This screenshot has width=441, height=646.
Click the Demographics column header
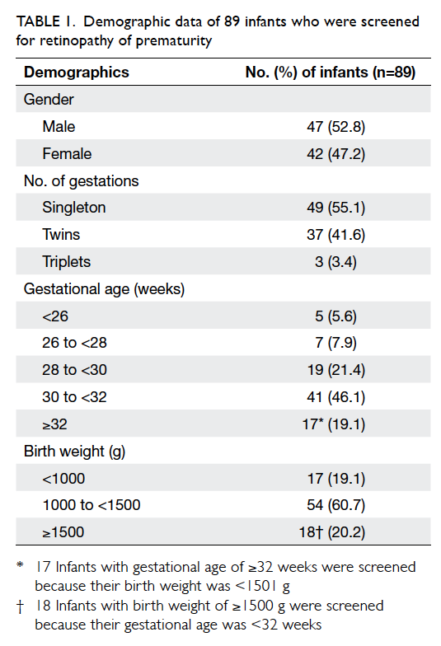(76, 73)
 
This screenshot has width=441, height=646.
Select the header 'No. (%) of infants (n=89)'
(330, 73)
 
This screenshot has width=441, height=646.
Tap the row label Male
(59, 127)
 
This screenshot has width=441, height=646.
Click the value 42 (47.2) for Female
(336, 153)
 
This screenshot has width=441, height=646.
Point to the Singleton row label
(74, 208)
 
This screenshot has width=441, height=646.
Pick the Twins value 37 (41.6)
(336, 234)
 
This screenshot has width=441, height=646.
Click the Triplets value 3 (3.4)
(336, 262)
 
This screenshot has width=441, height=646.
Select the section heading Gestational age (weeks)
(104, 288)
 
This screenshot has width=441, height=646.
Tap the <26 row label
(55, 316)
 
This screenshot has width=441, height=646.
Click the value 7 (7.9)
(336, 343)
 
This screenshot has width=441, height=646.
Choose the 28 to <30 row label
(74, 369)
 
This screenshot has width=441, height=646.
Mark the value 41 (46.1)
(336, 397)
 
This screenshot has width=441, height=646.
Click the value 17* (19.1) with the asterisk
(334, 424)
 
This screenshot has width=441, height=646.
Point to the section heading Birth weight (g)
(74, 452)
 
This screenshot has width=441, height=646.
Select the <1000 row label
(63, 478)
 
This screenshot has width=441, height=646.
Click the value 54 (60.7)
(336, 504)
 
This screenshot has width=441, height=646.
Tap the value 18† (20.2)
(332, 532)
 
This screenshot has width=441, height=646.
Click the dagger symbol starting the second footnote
(20, 606)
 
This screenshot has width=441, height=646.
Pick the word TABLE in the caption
(38, 21)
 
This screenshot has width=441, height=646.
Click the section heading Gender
(49, 99)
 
